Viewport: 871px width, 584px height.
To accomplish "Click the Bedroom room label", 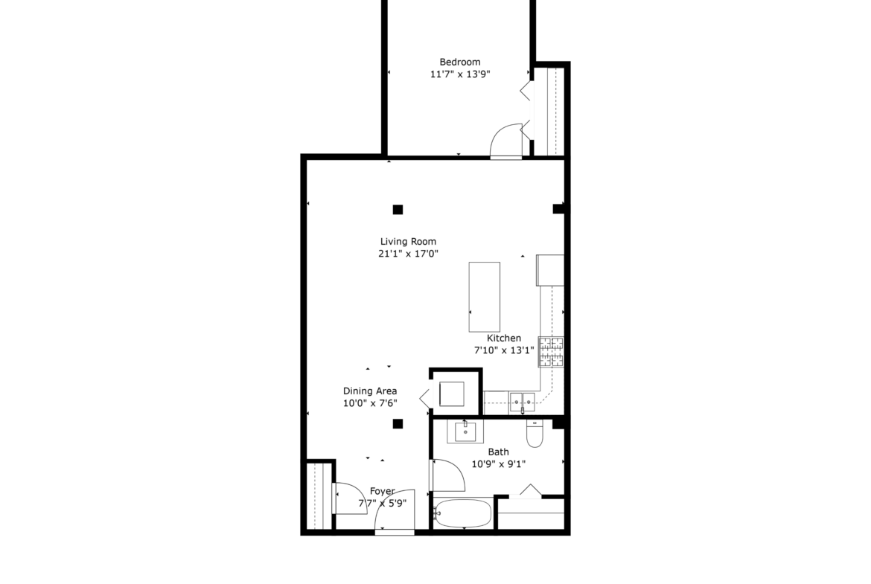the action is pyautogui.click(x=460, y=62).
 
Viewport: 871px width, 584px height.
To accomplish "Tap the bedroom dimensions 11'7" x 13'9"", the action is pyautogui.click(x=460, y=74).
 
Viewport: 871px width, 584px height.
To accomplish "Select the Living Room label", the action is pyautogui.click(x=408, y=242).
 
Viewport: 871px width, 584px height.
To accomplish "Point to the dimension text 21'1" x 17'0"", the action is pyautogui.click(x=408, y=254).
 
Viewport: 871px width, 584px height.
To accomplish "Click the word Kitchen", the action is pyautogui.click(x=504, y=338).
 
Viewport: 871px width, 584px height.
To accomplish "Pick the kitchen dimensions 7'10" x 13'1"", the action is pyautogui.click(x=504, y=350).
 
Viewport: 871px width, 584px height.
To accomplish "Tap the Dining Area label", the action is pyautogui.click(x=370, y=391).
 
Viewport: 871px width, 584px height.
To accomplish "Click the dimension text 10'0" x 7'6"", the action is pyautogui.click(x=370, y=403).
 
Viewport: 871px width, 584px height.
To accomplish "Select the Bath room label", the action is pyautogui.click(x=498, y=452).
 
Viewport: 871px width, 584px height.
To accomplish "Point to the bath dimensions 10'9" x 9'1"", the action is pyautogui.click(x=498, y=464).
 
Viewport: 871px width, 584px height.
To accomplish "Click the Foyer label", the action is pyautogui.click(x=382, y=491).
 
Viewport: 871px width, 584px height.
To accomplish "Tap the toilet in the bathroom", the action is pyautogui.click(x=535, y=434).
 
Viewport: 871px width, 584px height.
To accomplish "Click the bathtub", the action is pyautogui.click(x=463, y=513).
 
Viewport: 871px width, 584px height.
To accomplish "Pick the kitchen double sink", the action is pyautogui.click(x=522, y=402).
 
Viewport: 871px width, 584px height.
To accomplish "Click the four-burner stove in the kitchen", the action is pyautogui.click(x=550, y=352).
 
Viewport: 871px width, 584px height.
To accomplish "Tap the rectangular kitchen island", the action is pyautogui.click(x=485, y=297).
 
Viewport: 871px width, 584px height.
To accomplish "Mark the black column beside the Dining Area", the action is pyautogui.click(x=398, y=424).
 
